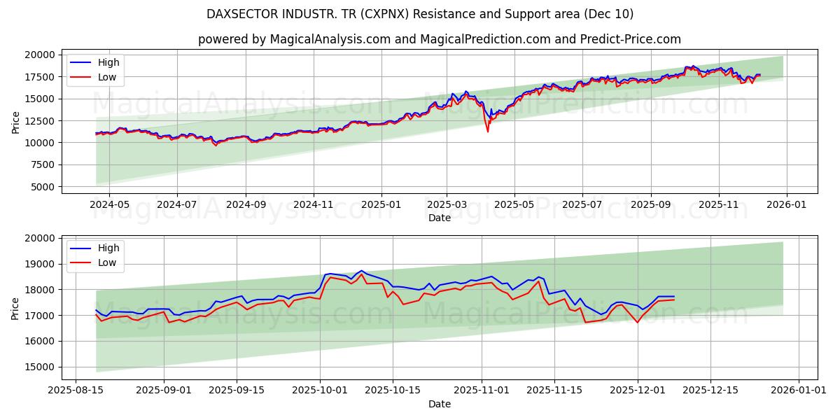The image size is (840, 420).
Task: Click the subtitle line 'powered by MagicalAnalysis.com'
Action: (439, 39)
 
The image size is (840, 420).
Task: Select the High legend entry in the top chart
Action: (108, 62)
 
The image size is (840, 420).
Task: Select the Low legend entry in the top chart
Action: (107, 78)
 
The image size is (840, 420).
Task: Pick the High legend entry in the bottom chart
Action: (108, 248)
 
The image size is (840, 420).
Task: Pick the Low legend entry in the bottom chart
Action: (107, 262)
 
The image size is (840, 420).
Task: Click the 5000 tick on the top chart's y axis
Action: (43, 187)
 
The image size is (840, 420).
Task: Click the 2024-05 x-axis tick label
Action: (109, 204)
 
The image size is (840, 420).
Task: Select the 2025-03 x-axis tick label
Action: (447, 204)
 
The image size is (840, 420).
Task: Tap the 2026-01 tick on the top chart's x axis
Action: (787, 204)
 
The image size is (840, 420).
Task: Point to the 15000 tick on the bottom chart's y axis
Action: (40, 367)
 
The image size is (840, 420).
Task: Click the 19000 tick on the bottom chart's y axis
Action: (40, 264)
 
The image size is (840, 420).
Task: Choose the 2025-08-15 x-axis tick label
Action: (76, 390)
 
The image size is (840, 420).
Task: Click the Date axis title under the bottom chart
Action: (439, 404)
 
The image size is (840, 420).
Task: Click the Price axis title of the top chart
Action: (15, 121)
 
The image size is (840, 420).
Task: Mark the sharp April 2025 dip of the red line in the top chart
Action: (488, 131)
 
